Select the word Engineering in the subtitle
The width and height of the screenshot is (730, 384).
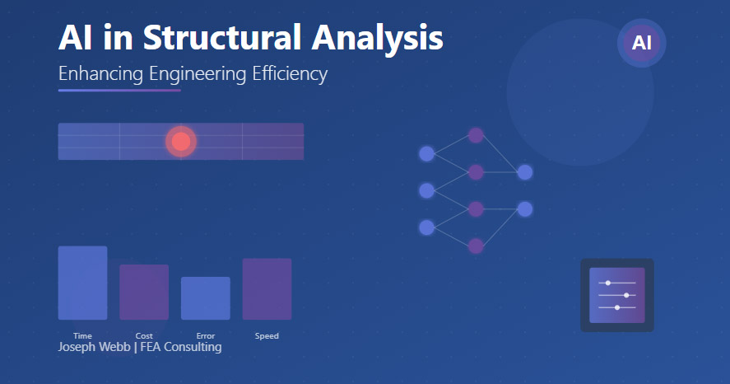click(198, 74)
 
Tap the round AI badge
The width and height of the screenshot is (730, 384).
click(641, 43)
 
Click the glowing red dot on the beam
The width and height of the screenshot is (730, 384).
click(181, 142)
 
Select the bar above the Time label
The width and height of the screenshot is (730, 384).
click(82, 283)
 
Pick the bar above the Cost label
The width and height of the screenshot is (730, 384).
click(144, 292)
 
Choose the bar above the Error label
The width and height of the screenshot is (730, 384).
click(205, 298)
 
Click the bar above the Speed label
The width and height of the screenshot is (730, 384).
click(267, 289)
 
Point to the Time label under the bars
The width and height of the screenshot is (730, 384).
click(82, 336)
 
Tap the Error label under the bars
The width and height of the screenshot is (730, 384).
click(205, 336)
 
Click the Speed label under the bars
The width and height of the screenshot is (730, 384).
click(267, 336)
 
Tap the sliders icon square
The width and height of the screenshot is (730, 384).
click(617, 295)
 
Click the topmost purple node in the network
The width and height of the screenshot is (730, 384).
click(476, 135)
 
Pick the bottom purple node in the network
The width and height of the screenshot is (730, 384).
click(476, 246)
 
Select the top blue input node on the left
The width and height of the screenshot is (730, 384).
click(426, 153)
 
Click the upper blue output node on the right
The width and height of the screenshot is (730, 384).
click(524, 172)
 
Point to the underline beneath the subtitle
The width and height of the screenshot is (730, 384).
click(119, 91)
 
